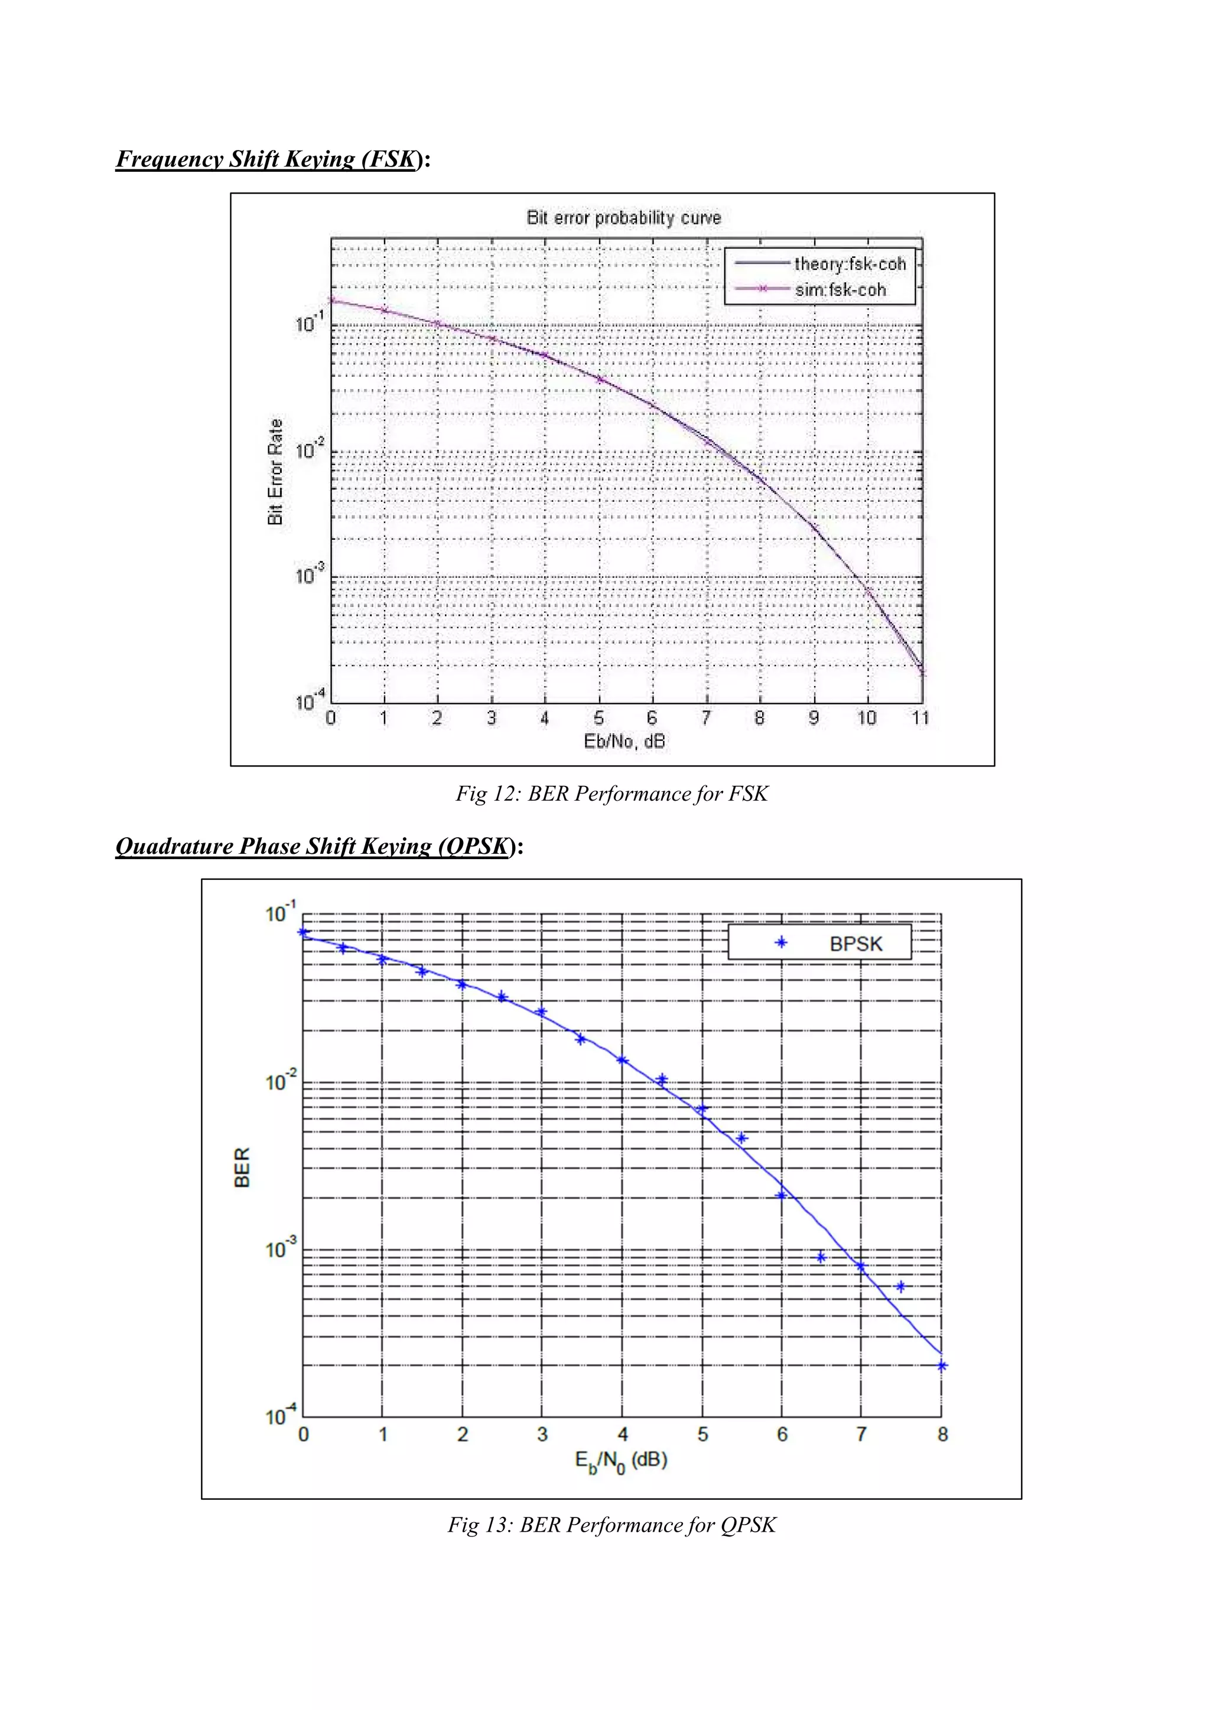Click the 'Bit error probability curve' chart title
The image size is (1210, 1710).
624,218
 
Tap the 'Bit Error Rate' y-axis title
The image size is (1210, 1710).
276,471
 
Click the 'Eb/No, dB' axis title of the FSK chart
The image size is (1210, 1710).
624,741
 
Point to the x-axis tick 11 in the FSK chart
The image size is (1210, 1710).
921,718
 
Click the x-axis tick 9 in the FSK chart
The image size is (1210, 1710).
814,718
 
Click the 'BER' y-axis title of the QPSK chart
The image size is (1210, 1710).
243,1167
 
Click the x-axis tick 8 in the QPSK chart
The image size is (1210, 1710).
942,1434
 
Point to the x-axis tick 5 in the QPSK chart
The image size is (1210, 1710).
702,1434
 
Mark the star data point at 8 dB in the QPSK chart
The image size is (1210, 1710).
942,1366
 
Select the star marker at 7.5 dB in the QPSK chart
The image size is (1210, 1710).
901,1286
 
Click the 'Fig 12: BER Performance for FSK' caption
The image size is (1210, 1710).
611,794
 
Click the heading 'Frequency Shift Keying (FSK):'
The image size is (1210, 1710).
273,159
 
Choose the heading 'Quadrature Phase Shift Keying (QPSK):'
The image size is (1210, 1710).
319,846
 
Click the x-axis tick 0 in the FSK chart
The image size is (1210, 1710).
331,718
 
